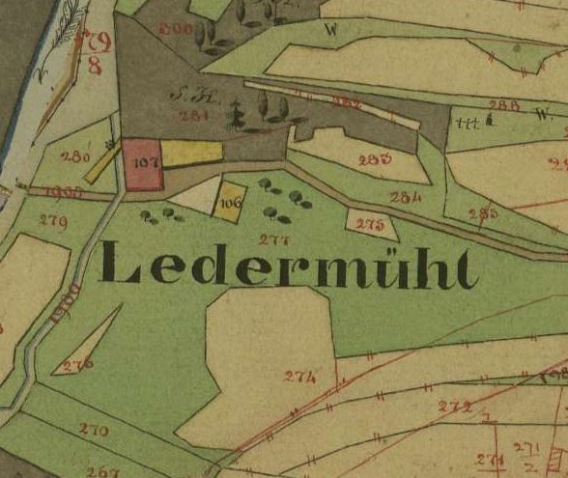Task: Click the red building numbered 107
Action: pyautogui.click(x=142, y=164)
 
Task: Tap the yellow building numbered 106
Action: pyautogui.click(x=229, y=204)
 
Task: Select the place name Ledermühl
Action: pyautogui.click(x=288, y=267)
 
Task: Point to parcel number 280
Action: pyautogui.click(x=75, y=155)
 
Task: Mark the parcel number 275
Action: pyautogui.click(x=370, y=225)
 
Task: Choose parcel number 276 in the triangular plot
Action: pyautogui.click(x=78, y=364)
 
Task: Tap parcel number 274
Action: pyautogui.click(x=299, y=377)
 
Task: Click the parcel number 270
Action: pyautogui.click(x=93, y=428)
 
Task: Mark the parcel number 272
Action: pyautogui.click(x=455, y=406)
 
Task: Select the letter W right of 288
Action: pyautogui.click(x=538, y=113)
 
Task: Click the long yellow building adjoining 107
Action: pyautogui.click(x=191, y=153)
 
